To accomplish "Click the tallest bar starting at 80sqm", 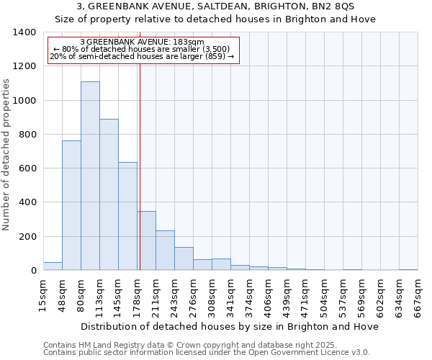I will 90,176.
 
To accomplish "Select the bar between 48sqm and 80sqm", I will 71,205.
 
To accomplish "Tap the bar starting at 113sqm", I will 109,194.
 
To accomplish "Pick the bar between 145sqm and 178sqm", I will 127,216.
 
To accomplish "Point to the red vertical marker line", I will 140,166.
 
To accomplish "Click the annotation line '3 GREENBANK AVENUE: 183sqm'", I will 143,42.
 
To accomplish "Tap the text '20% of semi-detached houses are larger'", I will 143,56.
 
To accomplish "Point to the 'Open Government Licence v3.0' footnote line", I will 207,353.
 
